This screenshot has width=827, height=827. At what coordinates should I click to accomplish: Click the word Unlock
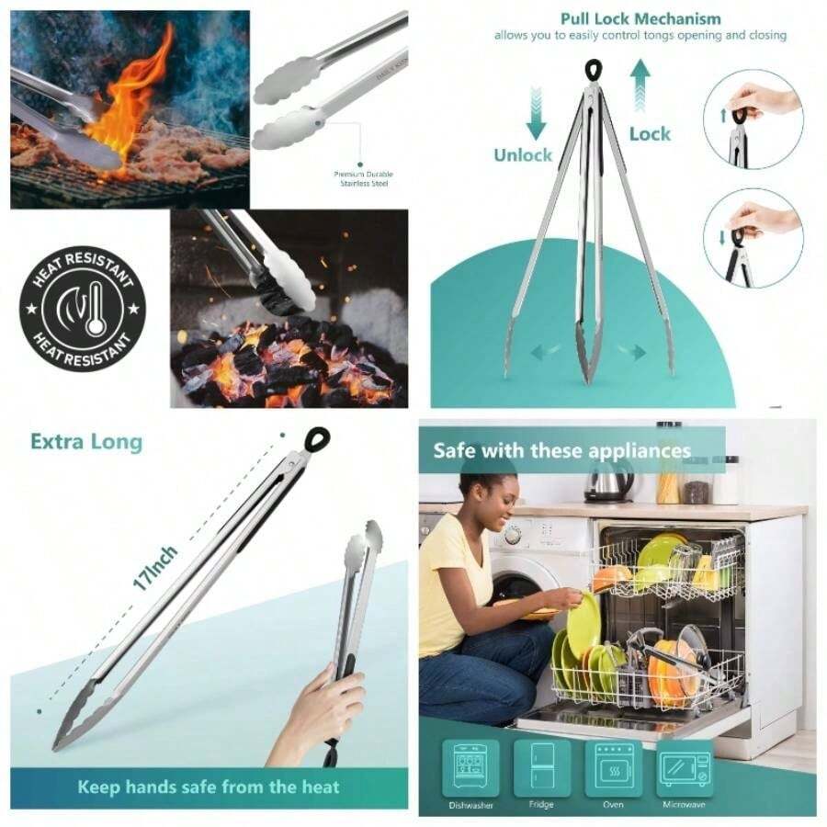coord(523,154)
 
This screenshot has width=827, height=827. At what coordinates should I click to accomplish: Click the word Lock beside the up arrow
coord(650,133)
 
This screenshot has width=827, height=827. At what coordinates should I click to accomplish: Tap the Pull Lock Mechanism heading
coord(640,18)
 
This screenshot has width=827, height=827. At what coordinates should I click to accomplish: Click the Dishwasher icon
coord(470,768)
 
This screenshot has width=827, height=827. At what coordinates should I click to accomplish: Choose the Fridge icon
coord(541,768)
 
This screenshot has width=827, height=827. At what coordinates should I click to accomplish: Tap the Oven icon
coord(613,768)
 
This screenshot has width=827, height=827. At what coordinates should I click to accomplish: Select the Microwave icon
coord(685,768)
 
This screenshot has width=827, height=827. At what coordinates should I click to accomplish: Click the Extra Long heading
coord(86,441)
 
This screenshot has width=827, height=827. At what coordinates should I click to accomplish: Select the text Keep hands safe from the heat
coord(209,787)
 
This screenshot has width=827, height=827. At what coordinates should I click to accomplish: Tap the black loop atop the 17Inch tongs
coord(317,439)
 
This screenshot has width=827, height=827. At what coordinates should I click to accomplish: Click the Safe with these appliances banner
coord(561,450)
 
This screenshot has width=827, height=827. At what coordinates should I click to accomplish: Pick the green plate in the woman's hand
coord(583,625)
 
